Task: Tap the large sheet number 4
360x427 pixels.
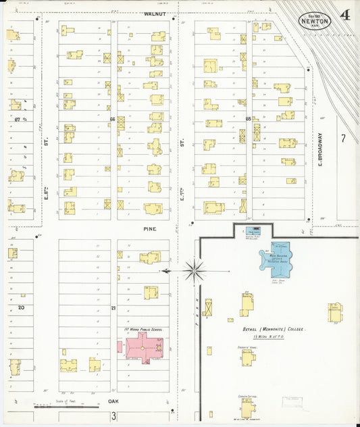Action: pyautogui.click(x=345, y=14)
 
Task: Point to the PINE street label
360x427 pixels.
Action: pyautogui.click(x=149, y=229)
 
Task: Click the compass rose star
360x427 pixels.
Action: pyautogui.click(x=194, y=271)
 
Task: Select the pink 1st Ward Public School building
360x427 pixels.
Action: pyautogui.click(x=143, y=346)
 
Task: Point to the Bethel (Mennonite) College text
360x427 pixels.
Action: pyautogui.click(x=274, y=329)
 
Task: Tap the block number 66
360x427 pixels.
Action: pyautogui.click(x=113, y=119)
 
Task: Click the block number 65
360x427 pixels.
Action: pyautogui.click(x=248, y=119)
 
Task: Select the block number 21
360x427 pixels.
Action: pyautogui.click(x=113, y=308)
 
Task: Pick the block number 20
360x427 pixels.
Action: pyautogui.click(x=21, y=307)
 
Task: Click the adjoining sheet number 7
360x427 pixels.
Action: pyautogui.click(x=343, y=139)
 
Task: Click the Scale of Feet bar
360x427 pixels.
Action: pyautogui.click(x=59, y=407)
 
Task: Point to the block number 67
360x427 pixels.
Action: pyautogui.click(x=16, y=119)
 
